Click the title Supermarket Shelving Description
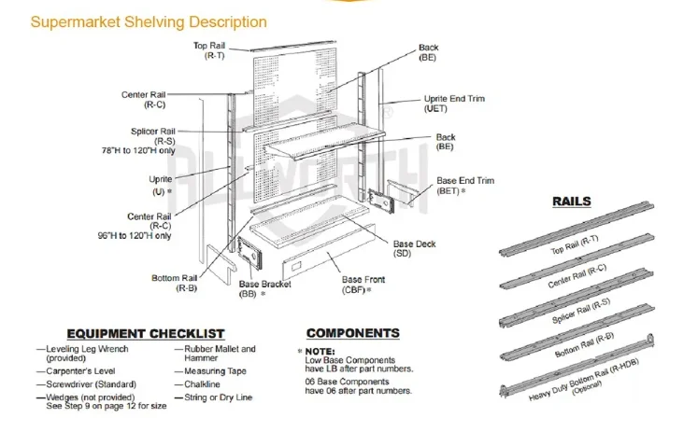click(149, 22)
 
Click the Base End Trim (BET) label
click(465, 185)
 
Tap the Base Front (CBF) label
click(362, 285)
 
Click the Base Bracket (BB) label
click(264, 288)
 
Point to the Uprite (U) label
click(160, 184)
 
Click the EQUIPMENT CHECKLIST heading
click(145, 333)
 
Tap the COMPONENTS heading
click(352, 333)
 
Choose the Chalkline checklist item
click(204, 384)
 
